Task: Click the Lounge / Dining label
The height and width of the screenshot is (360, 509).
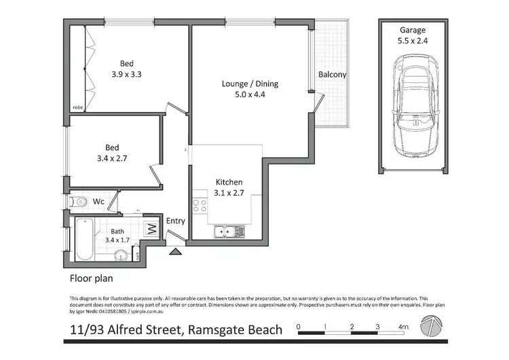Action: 250,90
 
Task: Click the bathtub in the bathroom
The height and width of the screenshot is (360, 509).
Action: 84,239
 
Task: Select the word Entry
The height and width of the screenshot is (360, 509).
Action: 175,221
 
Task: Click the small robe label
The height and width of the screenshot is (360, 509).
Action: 78,107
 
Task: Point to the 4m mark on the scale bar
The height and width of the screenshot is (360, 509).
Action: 404,327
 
